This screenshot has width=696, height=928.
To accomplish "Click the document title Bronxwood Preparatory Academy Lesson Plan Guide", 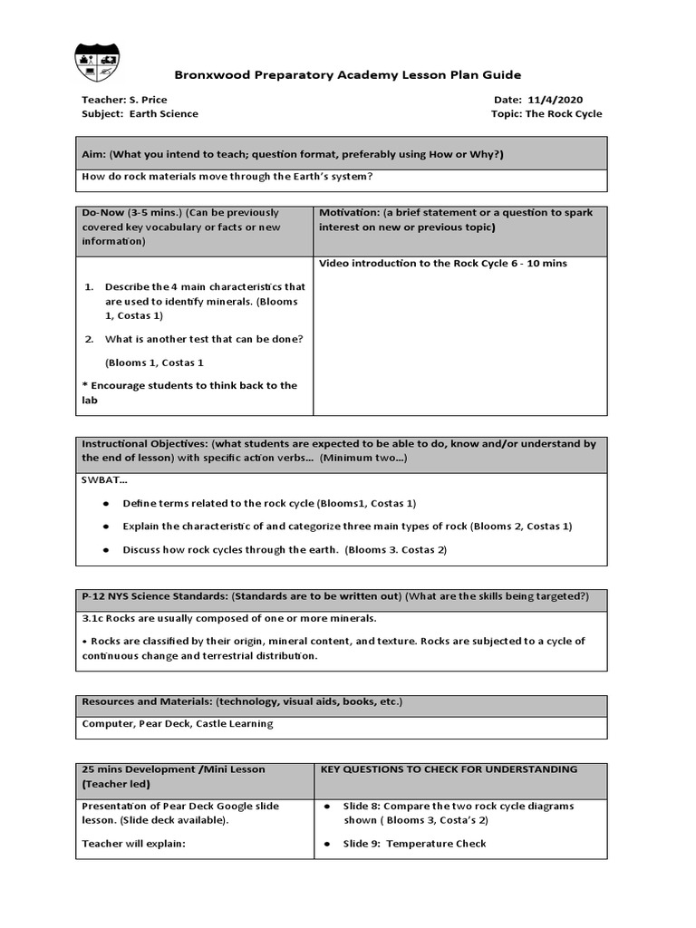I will (347, 75).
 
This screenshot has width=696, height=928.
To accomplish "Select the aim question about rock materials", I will (227, 177).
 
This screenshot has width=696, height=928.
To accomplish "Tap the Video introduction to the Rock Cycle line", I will (443, 264).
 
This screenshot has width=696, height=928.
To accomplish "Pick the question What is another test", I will (204, 339).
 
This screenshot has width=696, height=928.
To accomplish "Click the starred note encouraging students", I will (189, 392).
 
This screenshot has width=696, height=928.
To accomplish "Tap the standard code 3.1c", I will (94, 619).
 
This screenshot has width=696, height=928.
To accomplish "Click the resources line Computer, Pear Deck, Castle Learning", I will (177, 724).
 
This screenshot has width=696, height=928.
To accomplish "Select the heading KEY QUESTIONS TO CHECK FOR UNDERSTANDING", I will (449, 769).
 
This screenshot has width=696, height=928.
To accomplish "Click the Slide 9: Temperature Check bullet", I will (413, 844).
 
